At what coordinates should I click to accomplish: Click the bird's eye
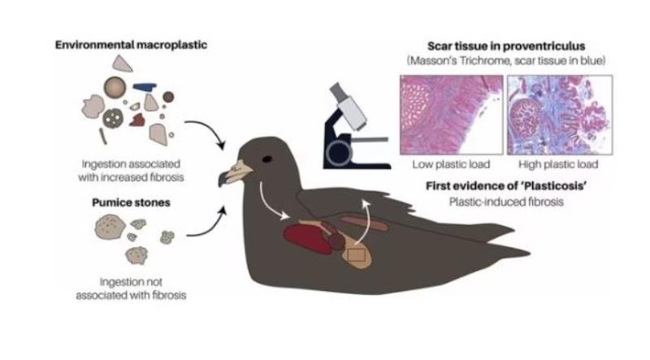coord(266,158)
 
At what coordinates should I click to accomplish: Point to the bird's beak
coord(233,172)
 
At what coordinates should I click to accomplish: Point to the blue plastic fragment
coord(145,87)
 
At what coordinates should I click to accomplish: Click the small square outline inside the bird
coord(355,254)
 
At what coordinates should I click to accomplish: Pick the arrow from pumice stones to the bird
coord(206,223)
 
